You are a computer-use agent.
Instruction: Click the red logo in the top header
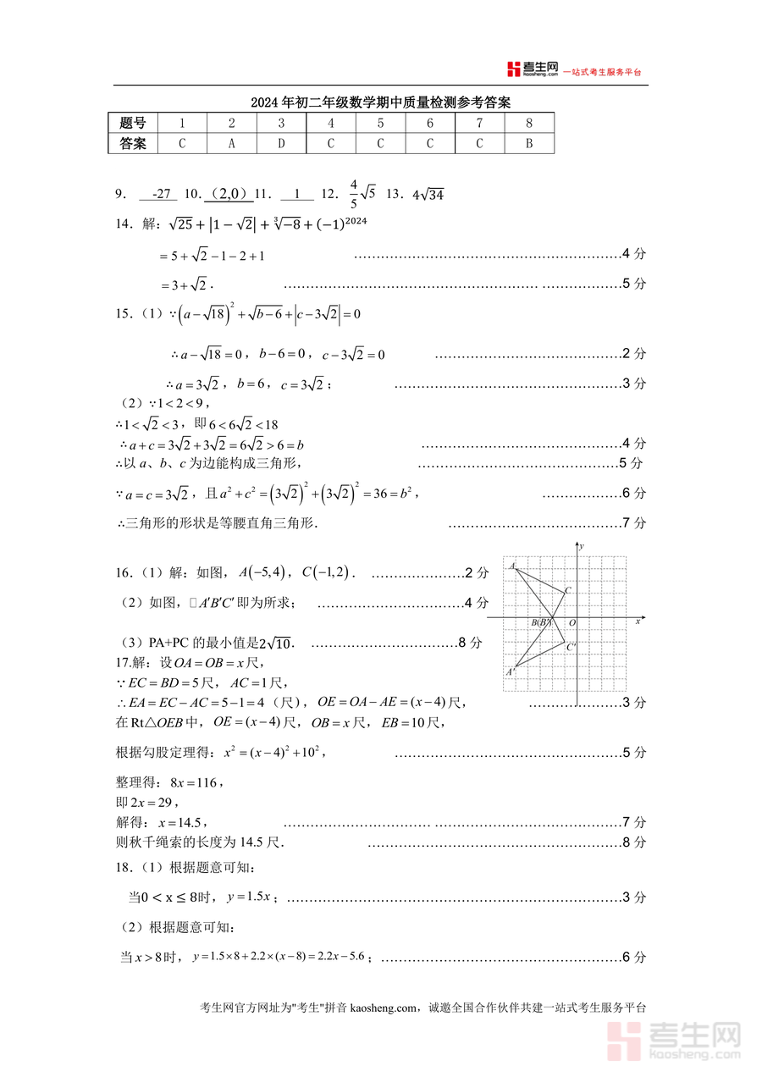[513, 69]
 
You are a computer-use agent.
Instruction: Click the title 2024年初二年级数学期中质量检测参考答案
[380, 103]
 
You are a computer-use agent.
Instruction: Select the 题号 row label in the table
[133, 124]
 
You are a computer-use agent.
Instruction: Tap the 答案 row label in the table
[133, 144]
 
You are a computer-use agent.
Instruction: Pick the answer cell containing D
[282, 144]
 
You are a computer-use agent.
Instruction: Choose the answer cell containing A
[232, 144]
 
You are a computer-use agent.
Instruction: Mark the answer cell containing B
[529, 144]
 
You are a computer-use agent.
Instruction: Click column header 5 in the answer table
[380, 124]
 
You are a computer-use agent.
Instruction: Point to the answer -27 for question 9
[158, 195]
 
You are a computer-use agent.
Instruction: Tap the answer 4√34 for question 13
[428, 196]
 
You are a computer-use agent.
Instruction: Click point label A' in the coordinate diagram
[511, 672]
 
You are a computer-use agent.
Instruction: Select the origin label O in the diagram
[572, 623]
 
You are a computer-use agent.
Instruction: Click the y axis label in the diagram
[584, 548]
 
